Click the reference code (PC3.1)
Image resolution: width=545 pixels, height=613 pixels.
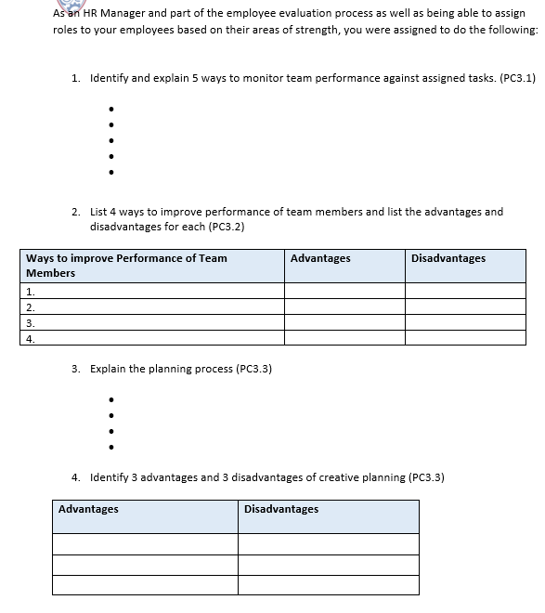click(x=517, y=79)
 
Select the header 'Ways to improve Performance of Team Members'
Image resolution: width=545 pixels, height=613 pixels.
click(x=126, y=266)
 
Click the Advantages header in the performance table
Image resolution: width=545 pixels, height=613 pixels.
click(x=320, y=258)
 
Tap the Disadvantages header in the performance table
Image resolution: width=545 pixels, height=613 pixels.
click(x=448, y=258)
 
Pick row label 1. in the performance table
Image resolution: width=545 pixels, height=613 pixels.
click(x=30, y=291)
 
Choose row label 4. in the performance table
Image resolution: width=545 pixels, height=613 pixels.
click(x=30, y=338)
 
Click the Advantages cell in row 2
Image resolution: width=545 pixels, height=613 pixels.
click(x=344, y=306)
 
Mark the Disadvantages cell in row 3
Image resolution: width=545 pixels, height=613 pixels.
click(x=465, y=322)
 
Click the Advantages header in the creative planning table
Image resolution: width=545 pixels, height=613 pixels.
click(x=88, y=509)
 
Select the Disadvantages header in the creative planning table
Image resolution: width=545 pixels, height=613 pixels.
click(x=280, y=509)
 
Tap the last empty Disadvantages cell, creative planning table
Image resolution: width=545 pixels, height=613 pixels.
click(x=328, y=585)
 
